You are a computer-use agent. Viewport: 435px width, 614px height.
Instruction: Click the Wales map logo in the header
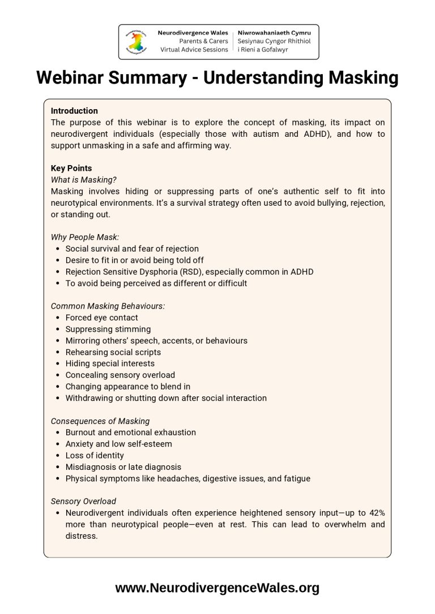137,42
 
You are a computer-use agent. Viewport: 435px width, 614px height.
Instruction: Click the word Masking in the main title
356,77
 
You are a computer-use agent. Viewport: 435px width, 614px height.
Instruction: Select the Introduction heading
74,111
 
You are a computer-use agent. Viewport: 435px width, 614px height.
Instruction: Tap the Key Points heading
71,168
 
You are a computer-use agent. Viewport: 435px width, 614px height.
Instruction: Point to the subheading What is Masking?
84,180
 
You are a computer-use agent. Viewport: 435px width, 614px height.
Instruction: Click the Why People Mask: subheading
85,237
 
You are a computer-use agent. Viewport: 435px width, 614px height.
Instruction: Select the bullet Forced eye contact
101,318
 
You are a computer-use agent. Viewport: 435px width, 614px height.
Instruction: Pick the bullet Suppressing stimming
108,329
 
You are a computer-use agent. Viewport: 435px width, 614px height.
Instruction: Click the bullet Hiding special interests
110,364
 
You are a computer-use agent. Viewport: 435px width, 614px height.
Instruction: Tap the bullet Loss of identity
95,455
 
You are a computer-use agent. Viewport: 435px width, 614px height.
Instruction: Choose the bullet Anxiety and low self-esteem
118,444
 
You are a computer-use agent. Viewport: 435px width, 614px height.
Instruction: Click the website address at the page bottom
217,588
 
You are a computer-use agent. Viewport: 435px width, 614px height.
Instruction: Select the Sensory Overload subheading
83,501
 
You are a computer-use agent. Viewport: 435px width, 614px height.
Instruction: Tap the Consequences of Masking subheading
100,421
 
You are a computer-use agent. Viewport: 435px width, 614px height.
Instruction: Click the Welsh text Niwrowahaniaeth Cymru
274,33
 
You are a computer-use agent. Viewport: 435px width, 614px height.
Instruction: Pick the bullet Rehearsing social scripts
113,352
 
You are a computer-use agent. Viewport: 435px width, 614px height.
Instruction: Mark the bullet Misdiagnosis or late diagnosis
123,467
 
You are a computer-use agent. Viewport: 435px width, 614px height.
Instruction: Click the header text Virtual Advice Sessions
194,49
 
